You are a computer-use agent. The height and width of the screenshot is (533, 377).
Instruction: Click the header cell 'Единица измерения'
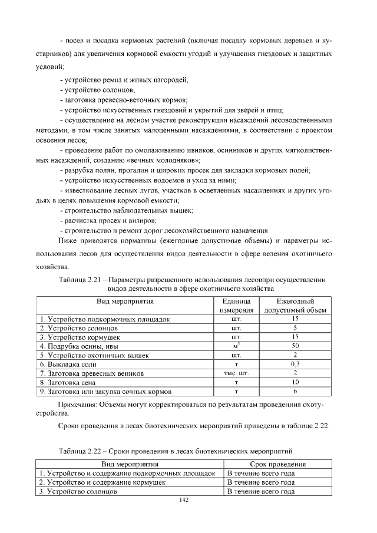[x=236, y=306]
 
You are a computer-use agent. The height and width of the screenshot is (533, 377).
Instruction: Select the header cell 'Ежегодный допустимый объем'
[x=295, y=306]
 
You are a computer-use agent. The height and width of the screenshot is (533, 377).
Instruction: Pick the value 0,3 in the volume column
[x=295, y=365]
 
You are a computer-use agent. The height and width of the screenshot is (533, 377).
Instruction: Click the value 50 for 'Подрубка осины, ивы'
[x=295, y=346]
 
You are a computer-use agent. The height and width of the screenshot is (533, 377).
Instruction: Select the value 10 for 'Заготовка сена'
[x=295, y=382]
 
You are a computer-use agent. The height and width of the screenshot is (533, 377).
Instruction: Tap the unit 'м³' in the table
[x=236, y=346]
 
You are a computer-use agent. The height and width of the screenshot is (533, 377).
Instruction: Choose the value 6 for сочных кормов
[x=295, y=391]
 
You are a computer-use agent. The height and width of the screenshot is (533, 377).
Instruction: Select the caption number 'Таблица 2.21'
[x=82, y=279]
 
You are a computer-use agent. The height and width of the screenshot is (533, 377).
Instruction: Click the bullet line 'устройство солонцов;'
[x=100, y=90]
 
